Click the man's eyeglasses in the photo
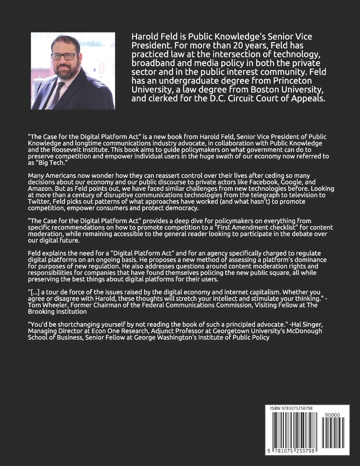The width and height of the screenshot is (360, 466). (65, 56)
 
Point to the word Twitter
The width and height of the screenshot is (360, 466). (39, 201)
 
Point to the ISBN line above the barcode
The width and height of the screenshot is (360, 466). (291, 408)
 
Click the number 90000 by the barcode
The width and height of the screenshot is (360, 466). (332, 415)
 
